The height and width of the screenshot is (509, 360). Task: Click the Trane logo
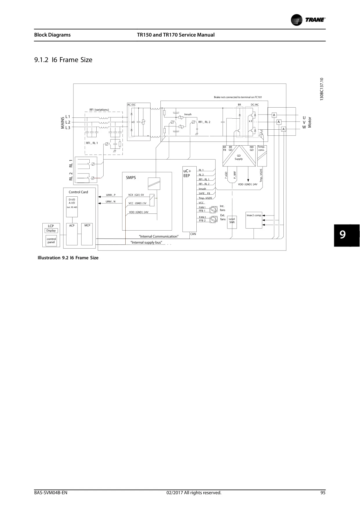coord(308,20)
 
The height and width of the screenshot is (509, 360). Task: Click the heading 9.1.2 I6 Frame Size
coord(63,60)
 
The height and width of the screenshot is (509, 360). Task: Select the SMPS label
coord(131,177)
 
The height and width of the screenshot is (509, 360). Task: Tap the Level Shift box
coord(232,222)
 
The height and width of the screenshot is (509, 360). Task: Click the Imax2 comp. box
coord(254,220)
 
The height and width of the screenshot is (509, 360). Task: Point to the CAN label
coord(193,234)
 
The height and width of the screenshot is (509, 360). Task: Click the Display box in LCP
coord(51,231)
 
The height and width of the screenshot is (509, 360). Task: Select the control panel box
coord(51,240)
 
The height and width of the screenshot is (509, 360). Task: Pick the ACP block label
coord(72,225)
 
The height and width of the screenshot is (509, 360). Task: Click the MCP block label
coord(87,225)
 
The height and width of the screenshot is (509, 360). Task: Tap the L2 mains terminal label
coord(68,122)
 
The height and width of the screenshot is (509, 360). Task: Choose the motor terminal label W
coord(304,127)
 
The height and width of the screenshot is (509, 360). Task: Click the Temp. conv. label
coord(261,148)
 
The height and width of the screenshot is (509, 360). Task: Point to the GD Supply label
coord(239,157)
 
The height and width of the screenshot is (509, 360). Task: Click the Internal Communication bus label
coord(159,236)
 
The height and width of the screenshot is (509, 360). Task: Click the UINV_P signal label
coord(111,195)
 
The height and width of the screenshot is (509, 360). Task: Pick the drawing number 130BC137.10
coord(321,89)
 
